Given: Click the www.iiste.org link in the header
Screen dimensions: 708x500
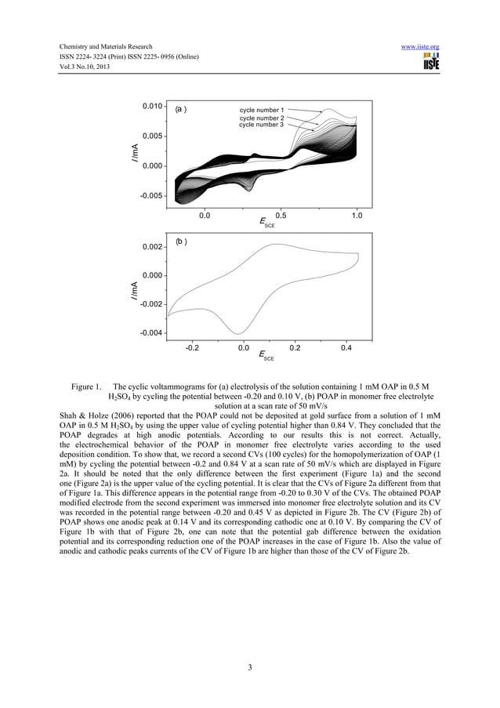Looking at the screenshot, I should click(x=419, y=47).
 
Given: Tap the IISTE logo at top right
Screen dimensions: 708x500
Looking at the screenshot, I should click(x=430, y=63).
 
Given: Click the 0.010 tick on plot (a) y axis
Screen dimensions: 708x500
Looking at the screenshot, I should click(x=152, y=106).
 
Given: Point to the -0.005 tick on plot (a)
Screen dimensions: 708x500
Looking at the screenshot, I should click(x=151, y=196).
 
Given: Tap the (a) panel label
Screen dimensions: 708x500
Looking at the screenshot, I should click(x=180, y=110).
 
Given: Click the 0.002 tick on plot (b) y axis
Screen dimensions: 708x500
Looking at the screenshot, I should click(x=152, y=248).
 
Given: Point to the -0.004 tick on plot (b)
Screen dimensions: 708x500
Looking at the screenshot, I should click(x=151, y=333).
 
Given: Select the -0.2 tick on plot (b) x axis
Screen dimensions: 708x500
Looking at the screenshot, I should click(x=191, y=350).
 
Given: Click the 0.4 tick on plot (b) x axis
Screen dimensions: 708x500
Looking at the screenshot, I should click(x=346, y=350).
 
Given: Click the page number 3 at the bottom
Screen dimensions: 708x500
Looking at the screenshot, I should click(x=249, y=668).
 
